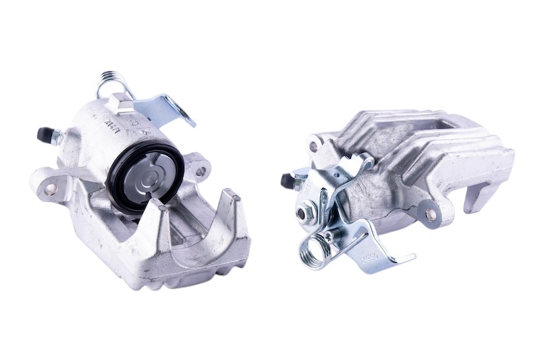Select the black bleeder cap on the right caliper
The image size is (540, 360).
288,180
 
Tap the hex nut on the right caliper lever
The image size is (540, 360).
301,213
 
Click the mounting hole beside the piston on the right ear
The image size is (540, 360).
200,171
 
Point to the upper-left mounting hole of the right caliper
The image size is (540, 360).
313,145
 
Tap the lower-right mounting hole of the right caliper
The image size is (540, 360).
431,214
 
